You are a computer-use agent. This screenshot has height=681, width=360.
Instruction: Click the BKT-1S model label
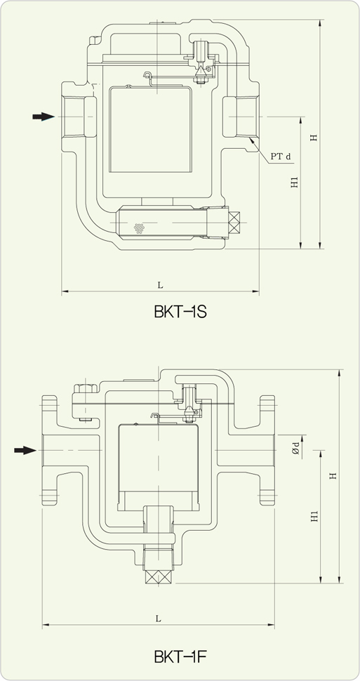180,312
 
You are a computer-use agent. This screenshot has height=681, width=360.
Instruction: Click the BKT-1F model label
180,657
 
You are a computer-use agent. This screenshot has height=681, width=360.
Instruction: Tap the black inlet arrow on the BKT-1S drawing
44,117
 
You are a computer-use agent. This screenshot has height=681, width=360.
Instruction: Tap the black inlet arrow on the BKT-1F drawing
25,450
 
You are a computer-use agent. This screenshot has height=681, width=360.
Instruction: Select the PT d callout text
281,156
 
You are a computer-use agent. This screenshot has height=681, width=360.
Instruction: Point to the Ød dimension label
295,447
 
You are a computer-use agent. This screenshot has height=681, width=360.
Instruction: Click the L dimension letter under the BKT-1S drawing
160,284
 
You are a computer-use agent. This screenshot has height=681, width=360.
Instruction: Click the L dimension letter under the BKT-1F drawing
159,619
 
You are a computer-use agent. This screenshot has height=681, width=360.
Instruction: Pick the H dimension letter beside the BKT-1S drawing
314,138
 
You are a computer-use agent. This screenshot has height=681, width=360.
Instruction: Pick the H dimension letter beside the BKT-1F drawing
333,476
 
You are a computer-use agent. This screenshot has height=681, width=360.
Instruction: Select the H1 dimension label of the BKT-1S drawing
295,182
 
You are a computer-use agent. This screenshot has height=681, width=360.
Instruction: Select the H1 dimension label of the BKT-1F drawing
314,516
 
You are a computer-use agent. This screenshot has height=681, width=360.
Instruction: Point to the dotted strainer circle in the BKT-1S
140,227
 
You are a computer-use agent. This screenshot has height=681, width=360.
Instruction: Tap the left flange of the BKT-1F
50,450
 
